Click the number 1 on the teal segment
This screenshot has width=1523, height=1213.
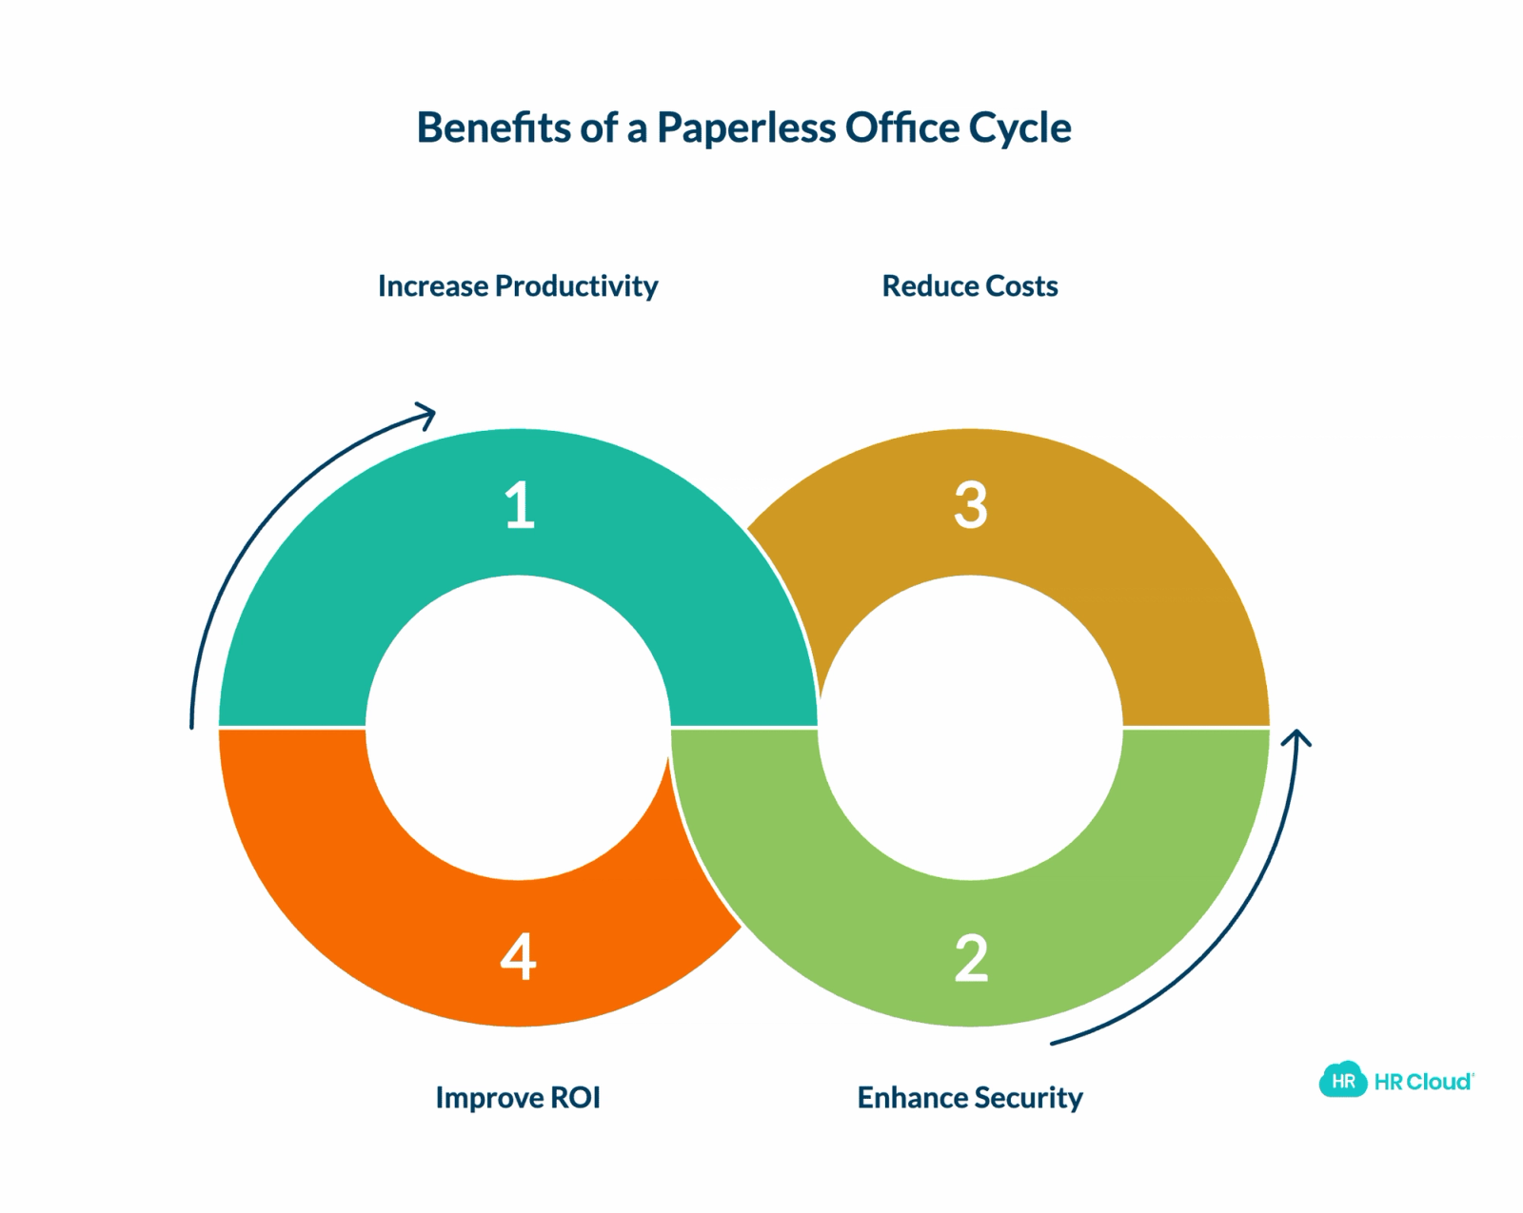pos(520,504)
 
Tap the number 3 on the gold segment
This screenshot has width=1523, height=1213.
pos(970,504)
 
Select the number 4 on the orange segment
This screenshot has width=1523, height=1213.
pos(518,955)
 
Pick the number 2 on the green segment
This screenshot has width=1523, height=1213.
pos(971,958)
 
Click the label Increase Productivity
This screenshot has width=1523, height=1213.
pos(518,286)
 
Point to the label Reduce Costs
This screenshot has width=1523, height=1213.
pos(970,285)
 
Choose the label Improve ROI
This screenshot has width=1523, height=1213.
pos(518,1097)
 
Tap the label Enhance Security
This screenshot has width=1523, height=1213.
pos(970,1098)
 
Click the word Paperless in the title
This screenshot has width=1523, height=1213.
pos(746,128)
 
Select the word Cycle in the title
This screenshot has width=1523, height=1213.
pos(1019,129)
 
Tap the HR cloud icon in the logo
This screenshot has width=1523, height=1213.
pos(1342,1079)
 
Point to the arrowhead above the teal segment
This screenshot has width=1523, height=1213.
pos(426,415)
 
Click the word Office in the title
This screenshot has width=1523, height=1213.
pos(902,127)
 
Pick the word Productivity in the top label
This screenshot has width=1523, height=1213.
pos(577,286)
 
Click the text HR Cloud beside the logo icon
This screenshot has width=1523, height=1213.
pos(1423,1082)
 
